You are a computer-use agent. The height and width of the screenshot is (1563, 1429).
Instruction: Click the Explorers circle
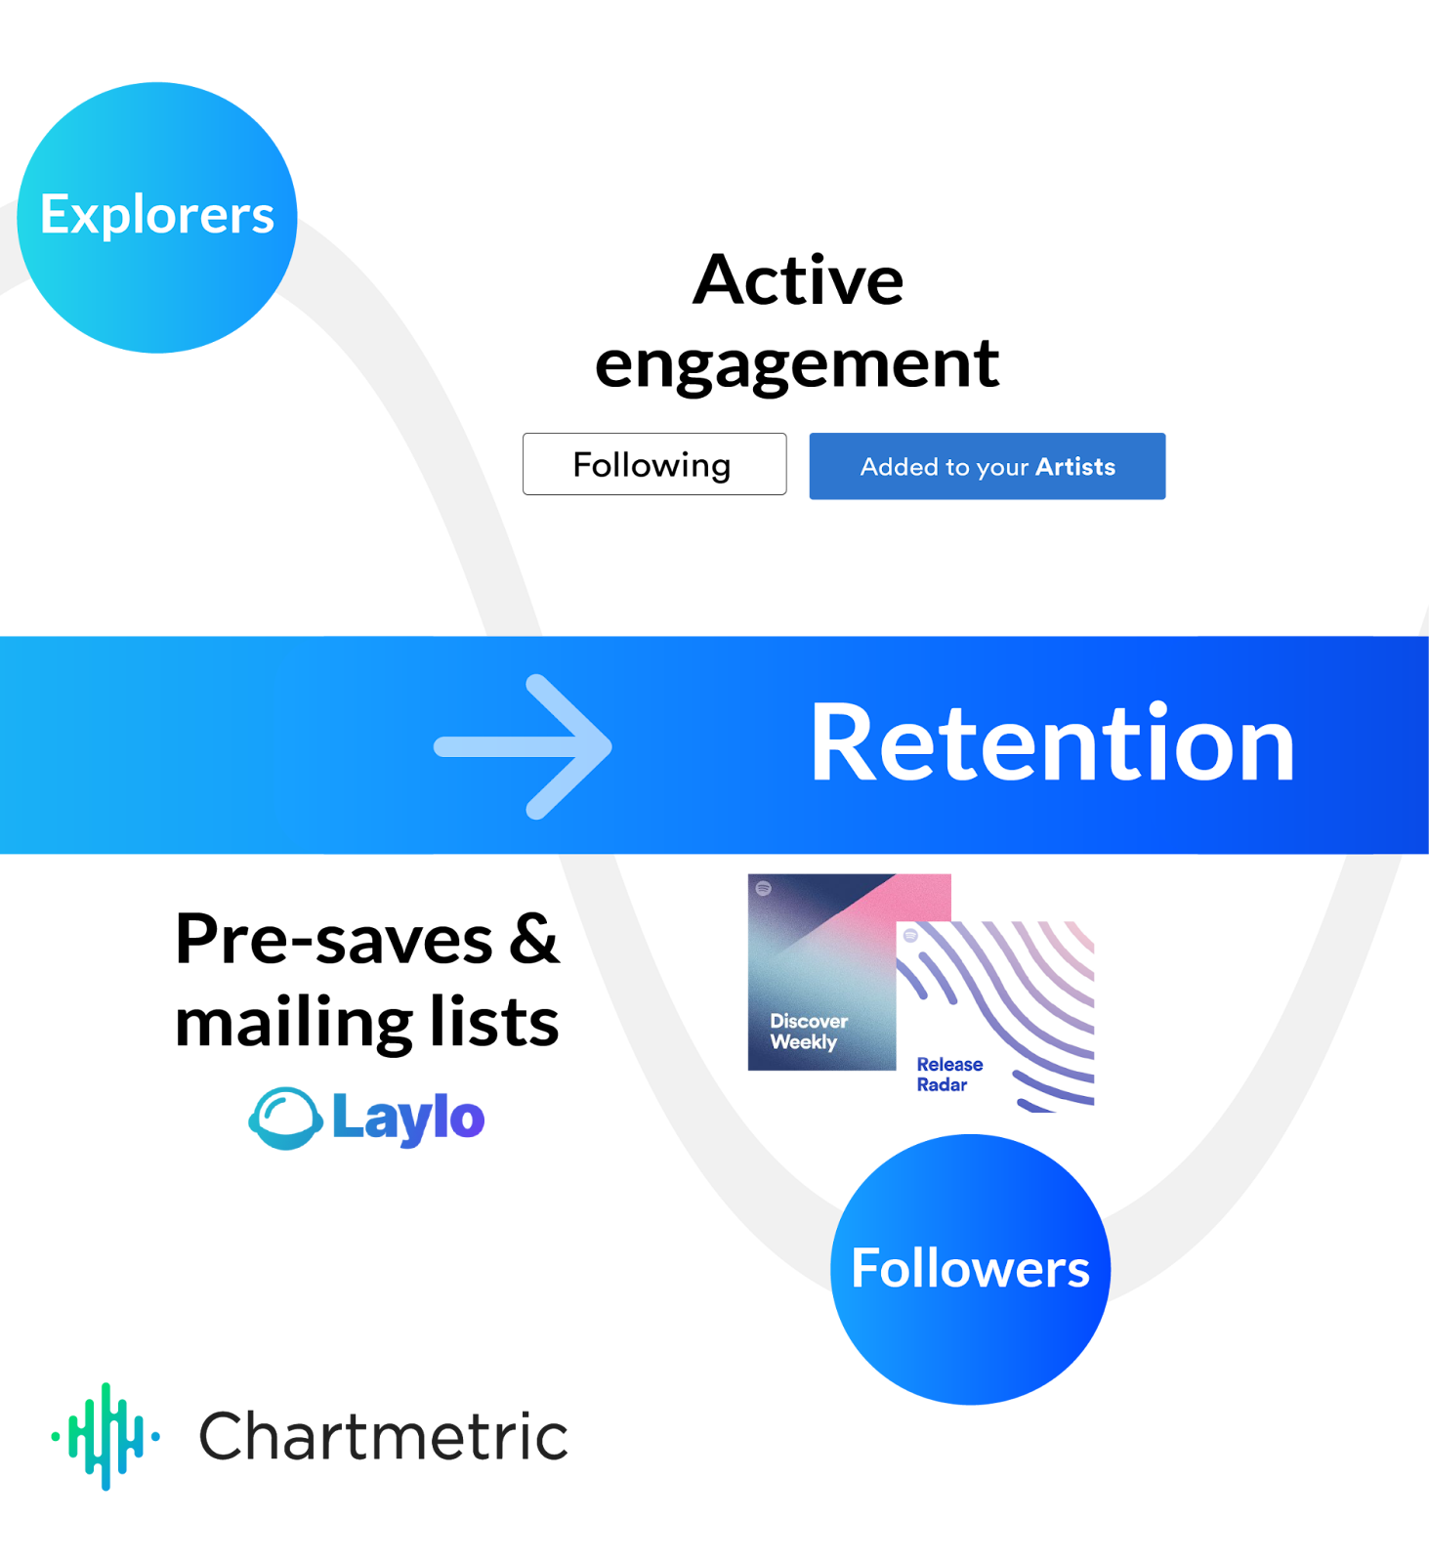(157, 217)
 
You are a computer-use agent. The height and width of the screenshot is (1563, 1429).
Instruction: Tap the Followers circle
(970, 1269)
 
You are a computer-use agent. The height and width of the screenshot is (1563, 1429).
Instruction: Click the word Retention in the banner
(1052, 744)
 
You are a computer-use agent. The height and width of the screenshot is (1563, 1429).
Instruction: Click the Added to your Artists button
(988, 467)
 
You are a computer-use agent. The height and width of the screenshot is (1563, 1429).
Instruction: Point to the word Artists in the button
(1075, 467)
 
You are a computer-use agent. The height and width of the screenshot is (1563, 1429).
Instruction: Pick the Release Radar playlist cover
(995, 1017)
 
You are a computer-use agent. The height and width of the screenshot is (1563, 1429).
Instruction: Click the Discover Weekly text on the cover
(808, 1032)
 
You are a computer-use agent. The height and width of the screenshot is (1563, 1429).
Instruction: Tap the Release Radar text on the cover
(948, 1075)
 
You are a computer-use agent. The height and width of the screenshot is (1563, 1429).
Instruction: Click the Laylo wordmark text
(407, 1118)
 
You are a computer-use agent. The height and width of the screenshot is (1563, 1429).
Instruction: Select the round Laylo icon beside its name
(285, 1119)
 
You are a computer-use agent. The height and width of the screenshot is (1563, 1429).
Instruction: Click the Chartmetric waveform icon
(105, 1436)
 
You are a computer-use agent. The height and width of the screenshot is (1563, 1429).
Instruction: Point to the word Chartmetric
(383, 1437)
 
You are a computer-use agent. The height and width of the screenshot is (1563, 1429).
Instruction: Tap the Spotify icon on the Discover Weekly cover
(764, 888)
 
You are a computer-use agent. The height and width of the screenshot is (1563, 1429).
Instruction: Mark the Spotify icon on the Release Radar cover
(910, 935)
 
